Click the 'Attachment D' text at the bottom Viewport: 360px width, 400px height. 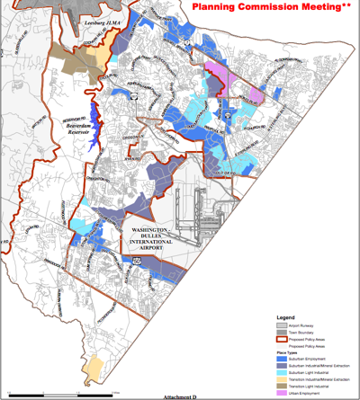180,396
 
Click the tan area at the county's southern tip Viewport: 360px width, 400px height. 92,368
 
